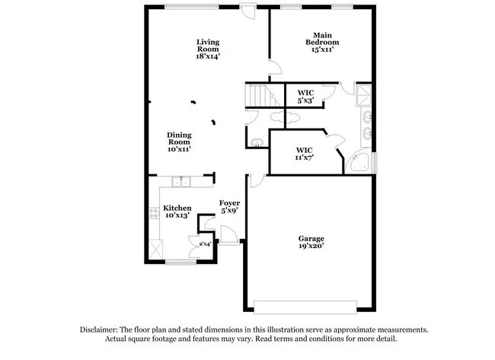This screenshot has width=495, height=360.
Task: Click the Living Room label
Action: (208, 49)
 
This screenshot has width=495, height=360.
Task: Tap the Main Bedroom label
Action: (324, 41)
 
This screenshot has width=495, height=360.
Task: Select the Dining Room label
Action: (180, 142)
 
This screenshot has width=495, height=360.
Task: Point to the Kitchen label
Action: (177, 212)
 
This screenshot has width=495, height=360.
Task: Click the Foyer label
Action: (230, 207)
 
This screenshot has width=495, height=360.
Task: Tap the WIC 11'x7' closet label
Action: (305, 154)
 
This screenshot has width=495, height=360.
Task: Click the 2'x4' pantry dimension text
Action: (205, 244)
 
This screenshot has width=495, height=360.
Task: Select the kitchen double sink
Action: (181, 182)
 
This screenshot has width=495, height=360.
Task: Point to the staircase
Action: (259, 96)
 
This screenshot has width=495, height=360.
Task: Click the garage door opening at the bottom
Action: (305, 307)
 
